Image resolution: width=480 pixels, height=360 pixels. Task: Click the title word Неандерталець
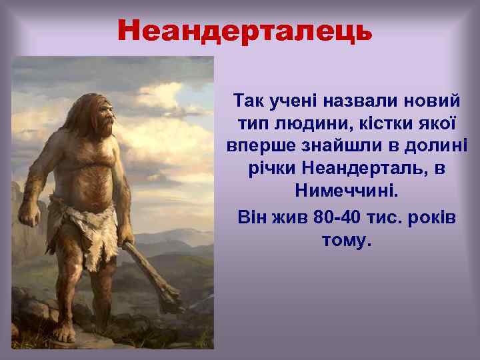pos(245,30)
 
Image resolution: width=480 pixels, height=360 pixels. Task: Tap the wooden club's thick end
pos(171,300)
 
